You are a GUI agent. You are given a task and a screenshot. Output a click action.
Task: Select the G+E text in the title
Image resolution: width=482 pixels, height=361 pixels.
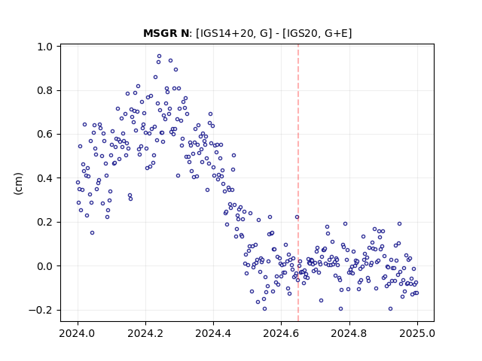coord(335,33)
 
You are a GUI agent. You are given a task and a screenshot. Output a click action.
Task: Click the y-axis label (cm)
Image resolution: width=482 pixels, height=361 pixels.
coord(18,184)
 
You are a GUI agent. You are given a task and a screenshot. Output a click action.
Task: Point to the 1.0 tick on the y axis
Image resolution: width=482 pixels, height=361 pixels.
coord(45,47)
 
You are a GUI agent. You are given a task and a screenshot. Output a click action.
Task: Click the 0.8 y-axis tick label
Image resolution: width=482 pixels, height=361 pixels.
coord(45,91)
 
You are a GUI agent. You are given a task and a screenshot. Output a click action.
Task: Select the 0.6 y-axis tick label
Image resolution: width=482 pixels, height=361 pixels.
coord(45,135)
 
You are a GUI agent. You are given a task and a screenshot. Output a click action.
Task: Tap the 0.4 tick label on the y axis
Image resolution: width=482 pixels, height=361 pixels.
coord(45,178)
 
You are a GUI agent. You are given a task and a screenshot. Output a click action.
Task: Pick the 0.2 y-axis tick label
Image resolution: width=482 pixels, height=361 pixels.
coord(45,223)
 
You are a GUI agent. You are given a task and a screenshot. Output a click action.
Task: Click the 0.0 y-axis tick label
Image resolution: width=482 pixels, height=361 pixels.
coord(45,266)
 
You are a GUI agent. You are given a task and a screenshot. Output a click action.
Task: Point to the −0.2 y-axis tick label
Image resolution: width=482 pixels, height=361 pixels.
coord(41,310)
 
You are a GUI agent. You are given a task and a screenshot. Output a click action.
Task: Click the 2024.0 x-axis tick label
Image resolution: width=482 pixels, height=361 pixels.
coord(78,333)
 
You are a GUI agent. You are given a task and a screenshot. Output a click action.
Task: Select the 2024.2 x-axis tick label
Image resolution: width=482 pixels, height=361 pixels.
coord(145,333)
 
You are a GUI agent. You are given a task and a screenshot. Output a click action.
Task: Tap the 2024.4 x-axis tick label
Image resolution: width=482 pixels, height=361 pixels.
coord(213,333)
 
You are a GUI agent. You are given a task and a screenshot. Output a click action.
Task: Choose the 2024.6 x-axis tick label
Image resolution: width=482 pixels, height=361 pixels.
coord(281,333)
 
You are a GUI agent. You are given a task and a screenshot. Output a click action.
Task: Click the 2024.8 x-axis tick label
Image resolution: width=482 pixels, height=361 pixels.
coord(349,333)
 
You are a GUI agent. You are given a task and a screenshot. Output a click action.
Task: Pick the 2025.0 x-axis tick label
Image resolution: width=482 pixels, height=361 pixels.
coord(417,333)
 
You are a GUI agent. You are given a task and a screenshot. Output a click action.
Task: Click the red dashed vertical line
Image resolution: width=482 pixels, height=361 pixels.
coord(298,183)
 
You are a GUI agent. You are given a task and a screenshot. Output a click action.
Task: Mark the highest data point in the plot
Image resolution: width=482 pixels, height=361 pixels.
coord(159,56)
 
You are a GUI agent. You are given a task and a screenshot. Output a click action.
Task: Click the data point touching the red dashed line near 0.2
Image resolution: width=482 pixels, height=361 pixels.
coord(297,217)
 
